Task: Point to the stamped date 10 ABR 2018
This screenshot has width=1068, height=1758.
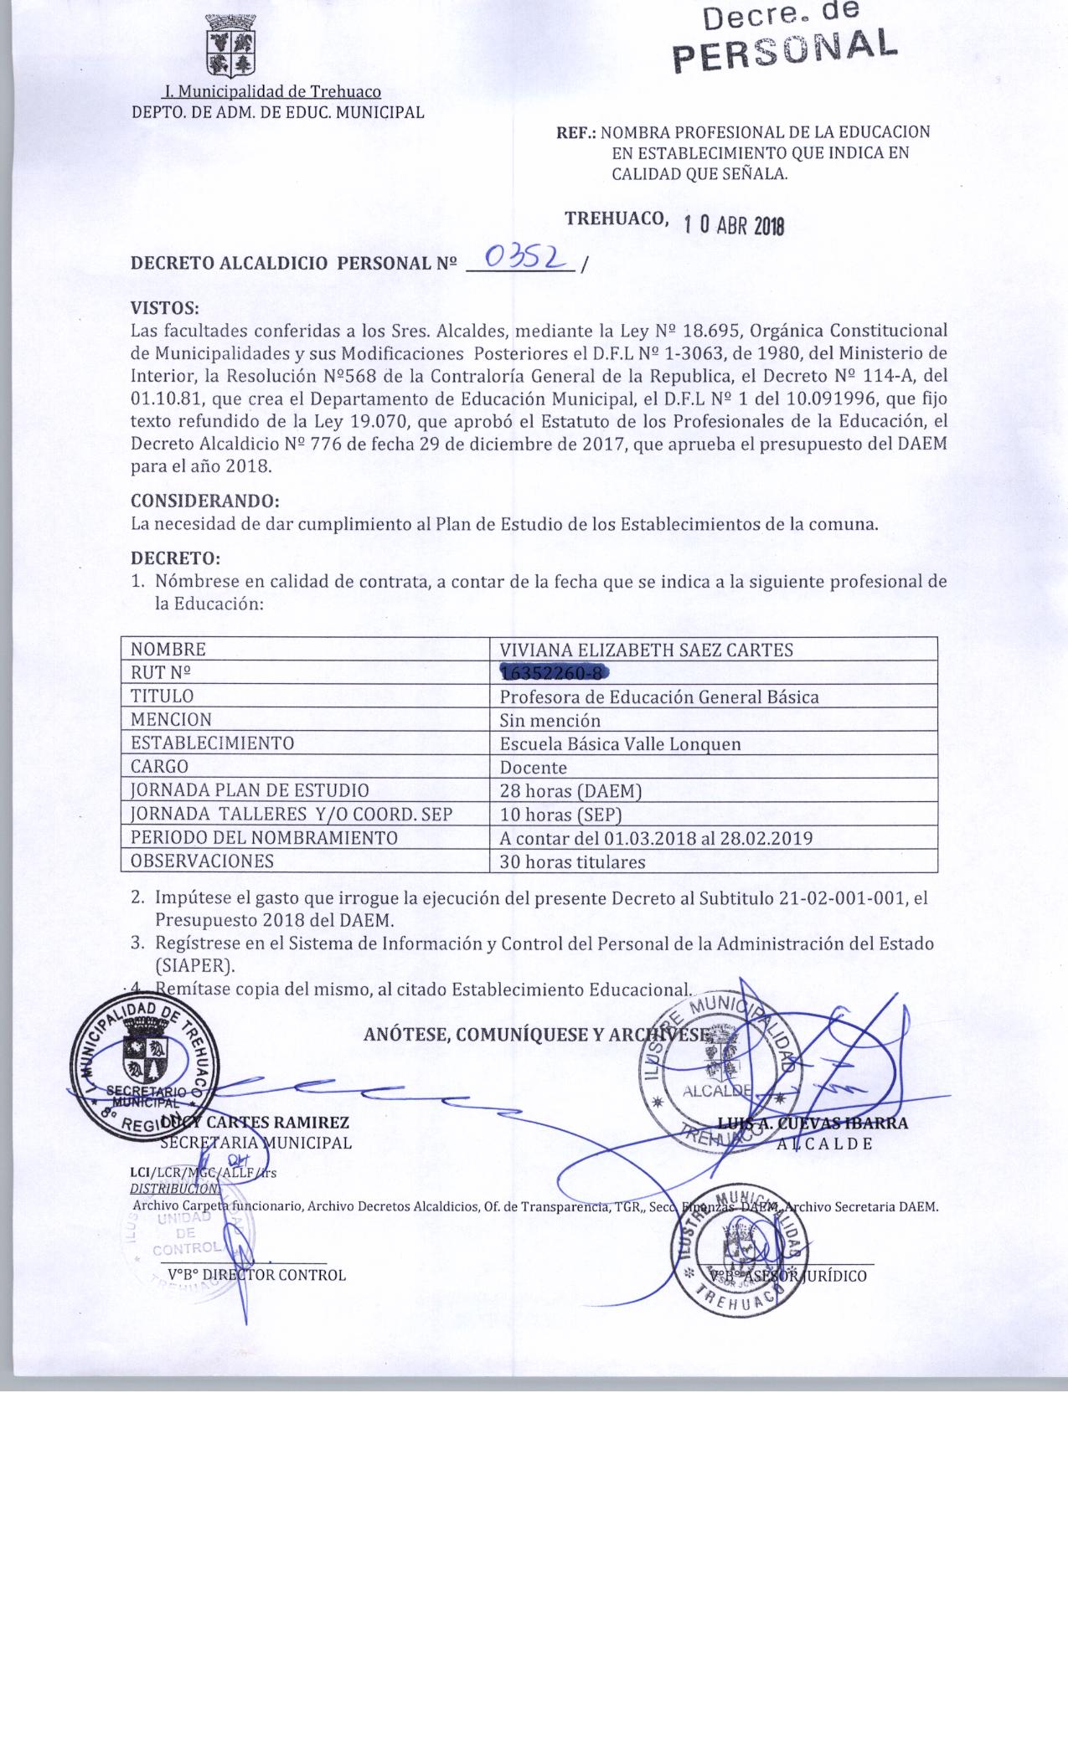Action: [733, 225]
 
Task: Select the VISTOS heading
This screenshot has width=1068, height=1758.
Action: [165, 307]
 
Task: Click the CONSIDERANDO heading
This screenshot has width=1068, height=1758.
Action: [204, 501]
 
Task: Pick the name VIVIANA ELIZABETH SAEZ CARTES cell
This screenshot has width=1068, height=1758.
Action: [646, 650]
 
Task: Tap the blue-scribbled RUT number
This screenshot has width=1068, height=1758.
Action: [552, 672]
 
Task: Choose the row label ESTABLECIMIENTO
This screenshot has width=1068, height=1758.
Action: [212, 743]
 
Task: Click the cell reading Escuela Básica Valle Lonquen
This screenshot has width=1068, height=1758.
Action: [620, 743]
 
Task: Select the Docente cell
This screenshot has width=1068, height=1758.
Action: [533, 767]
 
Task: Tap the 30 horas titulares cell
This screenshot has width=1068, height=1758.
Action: [572, 861]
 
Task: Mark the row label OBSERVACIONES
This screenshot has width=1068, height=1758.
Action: [202, 861]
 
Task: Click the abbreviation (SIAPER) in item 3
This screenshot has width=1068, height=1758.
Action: [194, 964]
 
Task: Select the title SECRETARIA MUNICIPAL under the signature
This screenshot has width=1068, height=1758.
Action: [255, 1143]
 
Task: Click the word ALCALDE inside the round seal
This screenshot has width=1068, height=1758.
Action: [715, 1092]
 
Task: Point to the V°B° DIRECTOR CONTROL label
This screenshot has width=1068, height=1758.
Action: [256, 1275]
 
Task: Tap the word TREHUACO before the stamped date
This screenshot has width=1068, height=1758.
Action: [616, 218]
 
